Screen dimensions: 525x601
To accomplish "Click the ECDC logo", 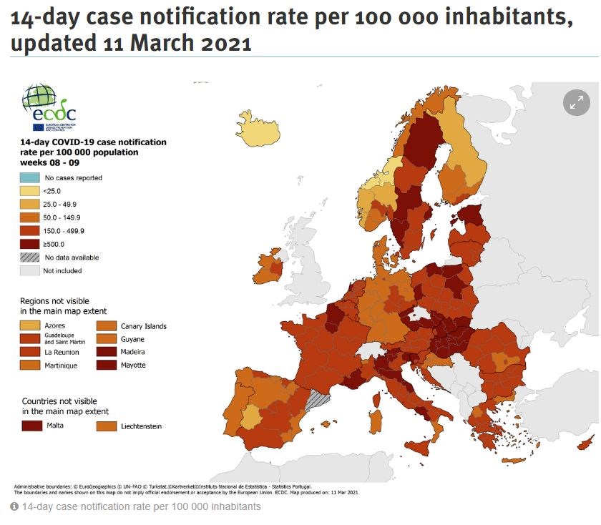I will tap(49, 108).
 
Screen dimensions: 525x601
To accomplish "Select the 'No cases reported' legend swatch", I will tap(30, 178).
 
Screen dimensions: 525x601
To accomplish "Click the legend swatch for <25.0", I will tap(30, 191).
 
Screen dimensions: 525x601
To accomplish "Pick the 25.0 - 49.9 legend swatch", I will tap(30, 205).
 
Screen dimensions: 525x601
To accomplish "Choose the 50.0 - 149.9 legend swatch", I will tap(30, 217).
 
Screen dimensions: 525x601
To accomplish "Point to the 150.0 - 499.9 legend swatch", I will tap(30, 231).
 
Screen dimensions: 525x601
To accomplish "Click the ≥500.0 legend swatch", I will tap(30, 244).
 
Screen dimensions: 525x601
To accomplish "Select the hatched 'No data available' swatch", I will tap(30, 257).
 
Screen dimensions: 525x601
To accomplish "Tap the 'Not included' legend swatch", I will tap(30, 270).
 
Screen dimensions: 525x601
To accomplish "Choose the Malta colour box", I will tap(32, 426).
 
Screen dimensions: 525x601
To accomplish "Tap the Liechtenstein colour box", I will tap(107, 426).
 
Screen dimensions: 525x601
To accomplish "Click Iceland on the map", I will tap(255, 131).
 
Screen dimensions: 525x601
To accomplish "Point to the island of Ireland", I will tap(273, 265).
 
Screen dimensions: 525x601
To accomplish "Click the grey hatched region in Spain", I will tap(316, 401).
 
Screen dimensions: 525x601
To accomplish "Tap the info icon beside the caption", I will tap(14, 506).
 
